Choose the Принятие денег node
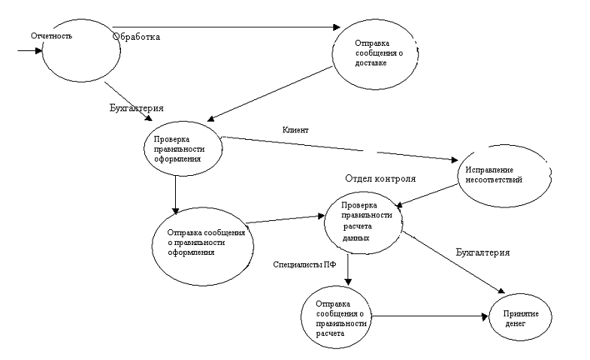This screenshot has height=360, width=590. point(521,317)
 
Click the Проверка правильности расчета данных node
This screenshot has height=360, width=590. point(364,220)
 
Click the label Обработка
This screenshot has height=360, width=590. point(136,36)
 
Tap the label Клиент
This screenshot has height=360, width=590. point(295,129)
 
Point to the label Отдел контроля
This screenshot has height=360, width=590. point(380,179)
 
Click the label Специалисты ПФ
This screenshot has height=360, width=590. point(305,265)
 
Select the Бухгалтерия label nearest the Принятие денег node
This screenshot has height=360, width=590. point(483,253)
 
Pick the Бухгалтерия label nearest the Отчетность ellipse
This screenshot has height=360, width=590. point(136,108)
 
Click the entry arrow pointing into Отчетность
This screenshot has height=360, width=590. point(29,51)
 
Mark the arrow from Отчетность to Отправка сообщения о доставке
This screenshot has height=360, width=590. point(225,28)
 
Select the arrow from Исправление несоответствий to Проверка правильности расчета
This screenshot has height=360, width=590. point(428,193)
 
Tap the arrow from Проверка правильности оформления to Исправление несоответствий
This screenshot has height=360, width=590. point(338,148)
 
